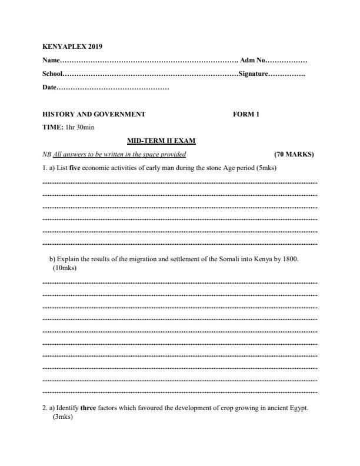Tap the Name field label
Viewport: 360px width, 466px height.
pos(51,61)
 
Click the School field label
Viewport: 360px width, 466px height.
pos(52,74)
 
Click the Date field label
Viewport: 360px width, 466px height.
pos(49,88)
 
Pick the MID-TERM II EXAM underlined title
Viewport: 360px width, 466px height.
pos(161,141)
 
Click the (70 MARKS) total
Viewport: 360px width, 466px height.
pos(294,155)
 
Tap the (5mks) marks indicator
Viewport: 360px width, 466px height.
pos(266,168)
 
